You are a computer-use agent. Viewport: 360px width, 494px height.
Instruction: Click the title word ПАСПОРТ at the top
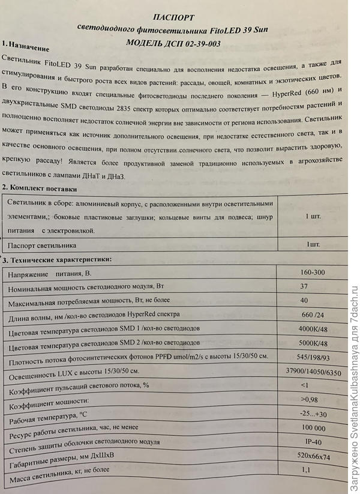coord(178,18)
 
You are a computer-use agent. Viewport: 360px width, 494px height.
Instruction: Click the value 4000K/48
coord(312,330)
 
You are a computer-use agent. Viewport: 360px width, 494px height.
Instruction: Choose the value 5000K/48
coord(312,345)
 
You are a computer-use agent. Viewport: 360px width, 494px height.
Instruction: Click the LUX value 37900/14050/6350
coord(314,372)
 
